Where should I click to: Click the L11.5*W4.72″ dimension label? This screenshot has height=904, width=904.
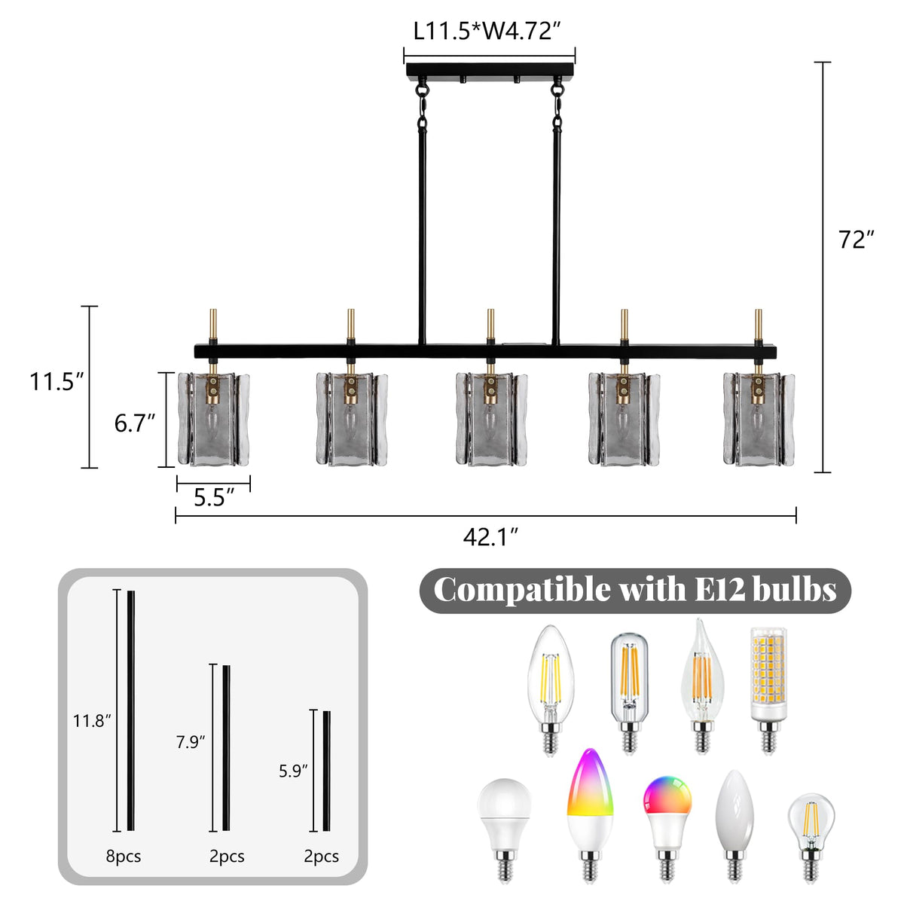487,32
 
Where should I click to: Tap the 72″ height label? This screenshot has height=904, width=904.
856,240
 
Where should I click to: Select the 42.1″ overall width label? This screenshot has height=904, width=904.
490,536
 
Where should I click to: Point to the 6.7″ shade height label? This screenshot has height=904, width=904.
134,423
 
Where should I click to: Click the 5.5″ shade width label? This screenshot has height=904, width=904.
214,496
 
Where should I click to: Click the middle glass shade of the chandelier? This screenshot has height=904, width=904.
491,419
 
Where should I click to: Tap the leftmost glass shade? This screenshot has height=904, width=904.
213,419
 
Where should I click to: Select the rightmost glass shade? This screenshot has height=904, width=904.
759,419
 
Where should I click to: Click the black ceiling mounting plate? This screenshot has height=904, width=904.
490,70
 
